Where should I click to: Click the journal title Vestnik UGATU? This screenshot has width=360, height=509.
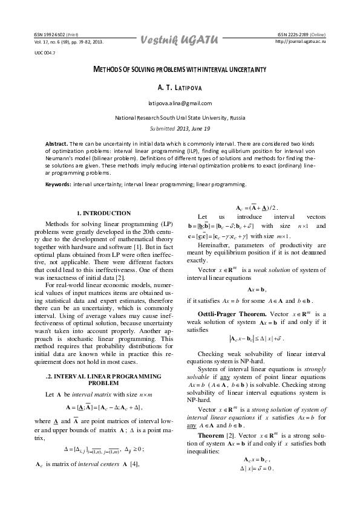coord(180,40)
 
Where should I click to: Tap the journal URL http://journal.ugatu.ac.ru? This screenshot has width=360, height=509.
coord(301,42)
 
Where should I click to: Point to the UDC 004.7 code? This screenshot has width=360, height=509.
coord(45,53)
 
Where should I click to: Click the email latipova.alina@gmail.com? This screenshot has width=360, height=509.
coord(180,103)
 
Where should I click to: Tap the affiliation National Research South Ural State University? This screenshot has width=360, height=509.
coord(180,117)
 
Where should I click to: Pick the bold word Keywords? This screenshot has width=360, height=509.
coord(58,183)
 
